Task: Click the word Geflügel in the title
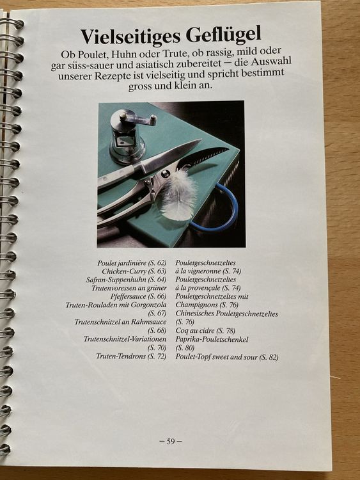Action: coord(223,36)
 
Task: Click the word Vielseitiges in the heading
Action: coord(130,35)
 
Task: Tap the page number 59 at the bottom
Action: coord(171,441)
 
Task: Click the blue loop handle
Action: coord(219,208)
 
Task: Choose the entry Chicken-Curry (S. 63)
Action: coord(134,271)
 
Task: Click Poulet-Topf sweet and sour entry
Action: coord(227,357)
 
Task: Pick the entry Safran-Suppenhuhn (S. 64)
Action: coord(127,280)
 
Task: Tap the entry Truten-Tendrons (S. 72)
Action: coord(131,356)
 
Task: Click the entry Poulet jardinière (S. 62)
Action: coord(132,263)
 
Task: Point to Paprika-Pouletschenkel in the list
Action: coord(212,339)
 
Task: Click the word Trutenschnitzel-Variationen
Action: coord(125,339)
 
